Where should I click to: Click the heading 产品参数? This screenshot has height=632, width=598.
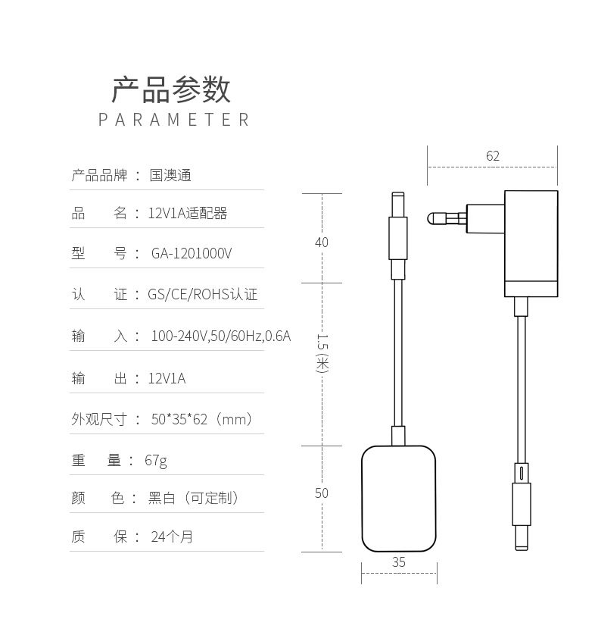coord(171,89)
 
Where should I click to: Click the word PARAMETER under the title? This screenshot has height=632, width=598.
coord(174,120)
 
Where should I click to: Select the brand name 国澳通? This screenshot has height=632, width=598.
coord(170,175)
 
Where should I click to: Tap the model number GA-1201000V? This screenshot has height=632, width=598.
coord(192,254)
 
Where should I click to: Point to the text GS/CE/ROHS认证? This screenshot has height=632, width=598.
coord(203,294)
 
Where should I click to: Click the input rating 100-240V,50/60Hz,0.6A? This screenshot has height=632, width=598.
coord(221,336)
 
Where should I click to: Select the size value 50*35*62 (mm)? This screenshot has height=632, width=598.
coord(202,419)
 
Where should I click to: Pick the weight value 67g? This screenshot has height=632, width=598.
coord(156,461)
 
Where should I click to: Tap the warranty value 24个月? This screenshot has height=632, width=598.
coord(172,537)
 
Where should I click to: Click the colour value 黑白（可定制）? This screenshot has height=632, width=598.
coord(193,498)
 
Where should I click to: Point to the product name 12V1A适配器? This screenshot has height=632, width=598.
coord(188,213)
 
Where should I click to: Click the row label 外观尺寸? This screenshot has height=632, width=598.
coord(99,419)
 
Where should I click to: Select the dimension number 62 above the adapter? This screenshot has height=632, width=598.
coord(493,156)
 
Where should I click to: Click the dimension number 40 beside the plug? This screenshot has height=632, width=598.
coord(322,242)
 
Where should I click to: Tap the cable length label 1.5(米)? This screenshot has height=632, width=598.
coord(322,353)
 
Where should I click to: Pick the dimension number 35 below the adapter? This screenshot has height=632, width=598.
coord(399,562)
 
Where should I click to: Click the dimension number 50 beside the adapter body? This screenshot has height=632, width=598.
coord(322,493)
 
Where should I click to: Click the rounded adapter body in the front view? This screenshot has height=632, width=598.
coord(399,499)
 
